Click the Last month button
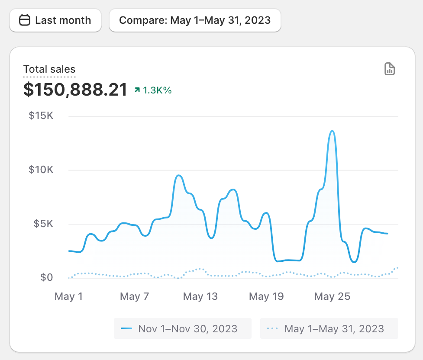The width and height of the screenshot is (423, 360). [x=55, y=20]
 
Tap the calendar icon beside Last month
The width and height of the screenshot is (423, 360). [x=25, y=20]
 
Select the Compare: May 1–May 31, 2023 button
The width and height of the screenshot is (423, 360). [x=195, y=20]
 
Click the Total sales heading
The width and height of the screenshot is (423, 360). [x=49, y=69]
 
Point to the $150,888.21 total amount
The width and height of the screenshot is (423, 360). [x=75, y=90]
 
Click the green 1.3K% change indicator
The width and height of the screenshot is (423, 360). [x=153, y=90]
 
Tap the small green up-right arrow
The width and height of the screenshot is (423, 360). [x=137, y=90]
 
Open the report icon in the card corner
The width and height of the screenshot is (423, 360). [x=390, y=69]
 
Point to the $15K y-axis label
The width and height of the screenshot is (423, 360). [x=41, y=116]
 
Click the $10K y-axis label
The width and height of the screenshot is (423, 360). [x=41, y=170]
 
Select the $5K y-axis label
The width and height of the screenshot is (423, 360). [x=43, y=224]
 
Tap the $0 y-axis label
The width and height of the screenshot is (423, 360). [x=46, y=277]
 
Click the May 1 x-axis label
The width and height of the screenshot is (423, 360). [x=68, y=297]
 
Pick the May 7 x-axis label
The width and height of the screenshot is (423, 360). [x=134, y=297]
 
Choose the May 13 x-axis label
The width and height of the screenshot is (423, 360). [x=200, y=297]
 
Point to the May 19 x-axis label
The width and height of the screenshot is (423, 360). [x=266, y=297]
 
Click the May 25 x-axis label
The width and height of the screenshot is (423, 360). [x=333, y=297]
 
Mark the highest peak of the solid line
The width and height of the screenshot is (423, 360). [x=333, y=131]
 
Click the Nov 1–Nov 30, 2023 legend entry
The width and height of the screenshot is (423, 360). [x=183, y=328]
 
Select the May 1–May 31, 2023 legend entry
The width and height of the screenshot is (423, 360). [x=329, y=328]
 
